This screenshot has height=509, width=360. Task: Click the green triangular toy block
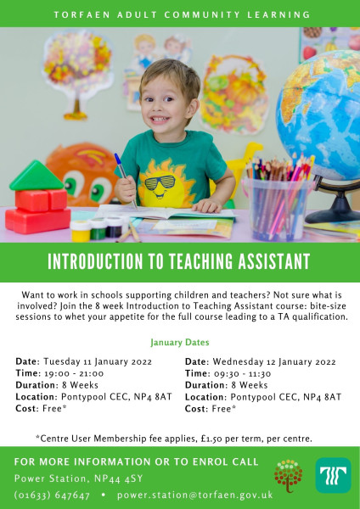click(x=37, y=176)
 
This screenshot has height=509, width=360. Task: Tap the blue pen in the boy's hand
click(x=126, y=180)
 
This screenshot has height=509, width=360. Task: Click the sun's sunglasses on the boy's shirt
click(x=160, y=183)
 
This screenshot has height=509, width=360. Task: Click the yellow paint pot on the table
click(x=81, y=231)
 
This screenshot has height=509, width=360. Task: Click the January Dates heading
click(x=180, y=342)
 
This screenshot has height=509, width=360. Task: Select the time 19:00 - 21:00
click(x=74, y=373)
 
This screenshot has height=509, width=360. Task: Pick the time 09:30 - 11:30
click(x=242, y=373)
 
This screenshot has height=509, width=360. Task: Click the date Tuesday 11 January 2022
click(x=98, y=361)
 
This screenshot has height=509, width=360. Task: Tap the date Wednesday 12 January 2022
click(x=274, y=361)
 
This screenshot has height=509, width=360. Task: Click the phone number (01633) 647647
click(x=52, y=495)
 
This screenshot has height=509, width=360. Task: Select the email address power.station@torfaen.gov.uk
click(x=195, y=495)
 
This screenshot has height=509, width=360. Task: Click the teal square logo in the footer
click(x=333, y=475)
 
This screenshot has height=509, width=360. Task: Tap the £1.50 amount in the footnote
click(x=211, y=439)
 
